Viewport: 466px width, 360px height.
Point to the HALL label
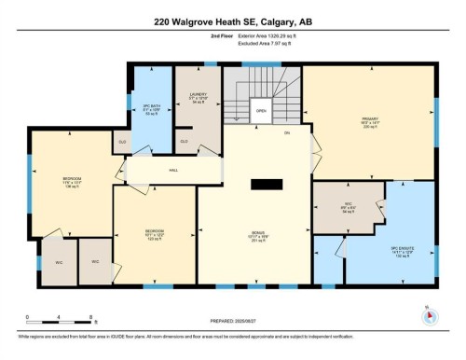pos(173,171)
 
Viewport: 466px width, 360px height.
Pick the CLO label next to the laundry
pos(185,141)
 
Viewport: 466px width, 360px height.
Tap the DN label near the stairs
pos(288,132)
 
